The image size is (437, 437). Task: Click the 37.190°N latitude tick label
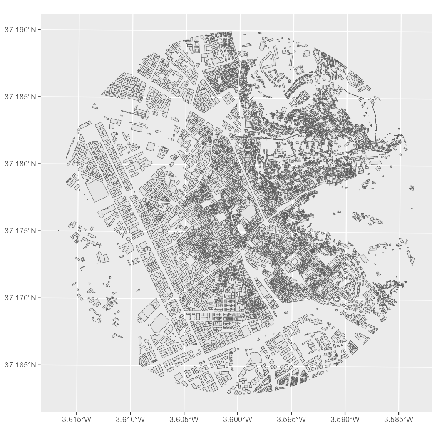click(x=21, y=30)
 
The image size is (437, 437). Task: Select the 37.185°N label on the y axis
click(x=21, y=97)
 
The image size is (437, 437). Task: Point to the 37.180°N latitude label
click(x=21, y=164)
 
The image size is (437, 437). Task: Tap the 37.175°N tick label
click(x=21, y=231)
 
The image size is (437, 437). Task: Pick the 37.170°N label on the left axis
click(x=21, y=298)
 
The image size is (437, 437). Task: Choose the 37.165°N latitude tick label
click(x=21, y=365)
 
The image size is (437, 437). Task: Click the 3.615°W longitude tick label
click(x=77, y=419)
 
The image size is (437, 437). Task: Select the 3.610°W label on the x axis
click(x=130, y=419)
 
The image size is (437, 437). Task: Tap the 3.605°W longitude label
click(x=184, y=419)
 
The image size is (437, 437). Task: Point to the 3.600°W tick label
click(x=238, y=419)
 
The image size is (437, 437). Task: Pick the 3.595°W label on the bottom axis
click(x=291, y=419)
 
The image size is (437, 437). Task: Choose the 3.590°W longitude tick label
click(x=345, y=419)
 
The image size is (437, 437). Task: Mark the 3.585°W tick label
click(x=399, y=419)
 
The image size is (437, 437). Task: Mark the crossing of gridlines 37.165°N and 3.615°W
click(x=77, y=365)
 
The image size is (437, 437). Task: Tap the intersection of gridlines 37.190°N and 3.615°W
click(x=79, y=30)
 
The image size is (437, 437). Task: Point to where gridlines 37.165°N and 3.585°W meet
click(x=399, y=367)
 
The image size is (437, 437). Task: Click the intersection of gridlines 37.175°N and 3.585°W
click(x=400, y=233)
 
